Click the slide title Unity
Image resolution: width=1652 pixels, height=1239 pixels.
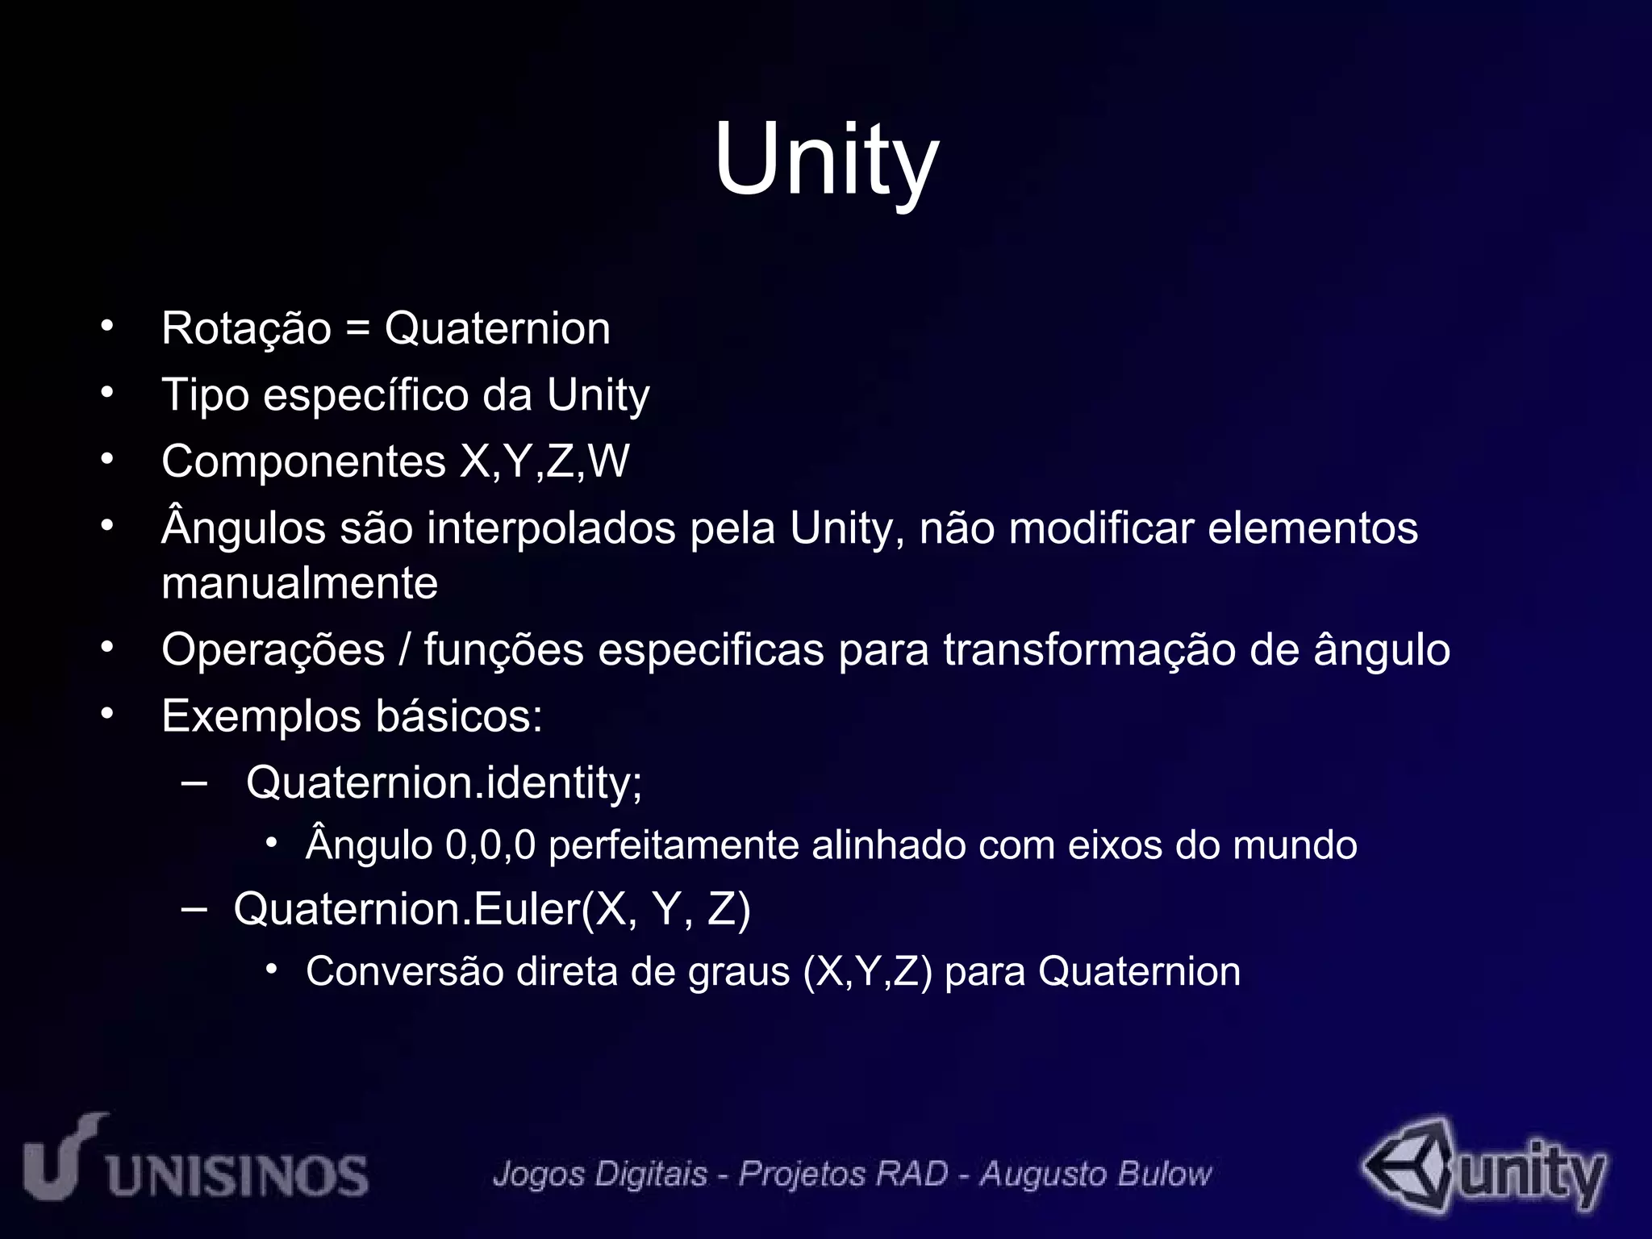[826, 158]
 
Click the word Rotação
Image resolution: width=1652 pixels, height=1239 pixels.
[246, 329]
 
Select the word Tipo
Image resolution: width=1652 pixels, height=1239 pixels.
[205, 395]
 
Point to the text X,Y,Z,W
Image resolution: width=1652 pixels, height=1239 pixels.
[544, 461]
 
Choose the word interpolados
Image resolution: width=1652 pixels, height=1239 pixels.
[551, 529]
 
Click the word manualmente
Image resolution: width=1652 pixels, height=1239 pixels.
[299, 583]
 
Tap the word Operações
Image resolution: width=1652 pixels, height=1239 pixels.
[273, 650]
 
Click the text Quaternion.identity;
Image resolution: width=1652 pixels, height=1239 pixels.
[444, 782]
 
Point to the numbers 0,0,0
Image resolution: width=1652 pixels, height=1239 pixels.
[490, 845]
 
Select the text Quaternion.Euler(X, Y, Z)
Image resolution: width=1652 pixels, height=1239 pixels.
[492, 909]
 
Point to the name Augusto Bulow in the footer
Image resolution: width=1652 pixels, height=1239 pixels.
[1095, 1174]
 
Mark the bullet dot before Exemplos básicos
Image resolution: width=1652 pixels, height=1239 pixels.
[107, 714]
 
